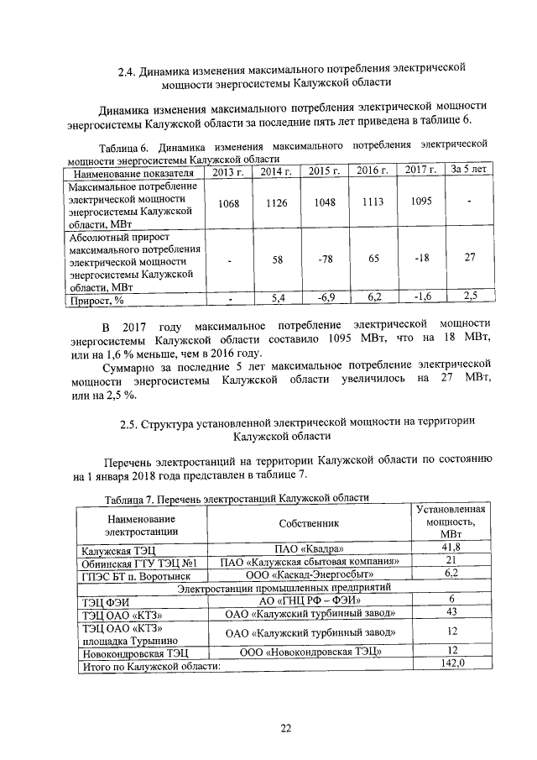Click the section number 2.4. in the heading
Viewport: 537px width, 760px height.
click(128, 68)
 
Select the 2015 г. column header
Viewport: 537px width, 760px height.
click(323, 171)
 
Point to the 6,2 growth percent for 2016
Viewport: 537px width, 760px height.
click(373, 297)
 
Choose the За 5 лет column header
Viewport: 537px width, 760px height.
click(469, 170)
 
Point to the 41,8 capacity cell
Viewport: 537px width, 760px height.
click(451, 548)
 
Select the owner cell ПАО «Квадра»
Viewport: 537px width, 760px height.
click(309, 549)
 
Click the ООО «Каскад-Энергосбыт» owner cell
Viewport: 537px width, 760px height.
click(309, 575)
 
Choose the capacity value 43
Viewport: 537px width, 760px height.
click(451, 612)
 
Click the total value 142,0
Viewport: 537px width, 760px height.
click(451, 663)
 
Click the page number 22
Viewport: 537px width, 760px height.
click(284, 727)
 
